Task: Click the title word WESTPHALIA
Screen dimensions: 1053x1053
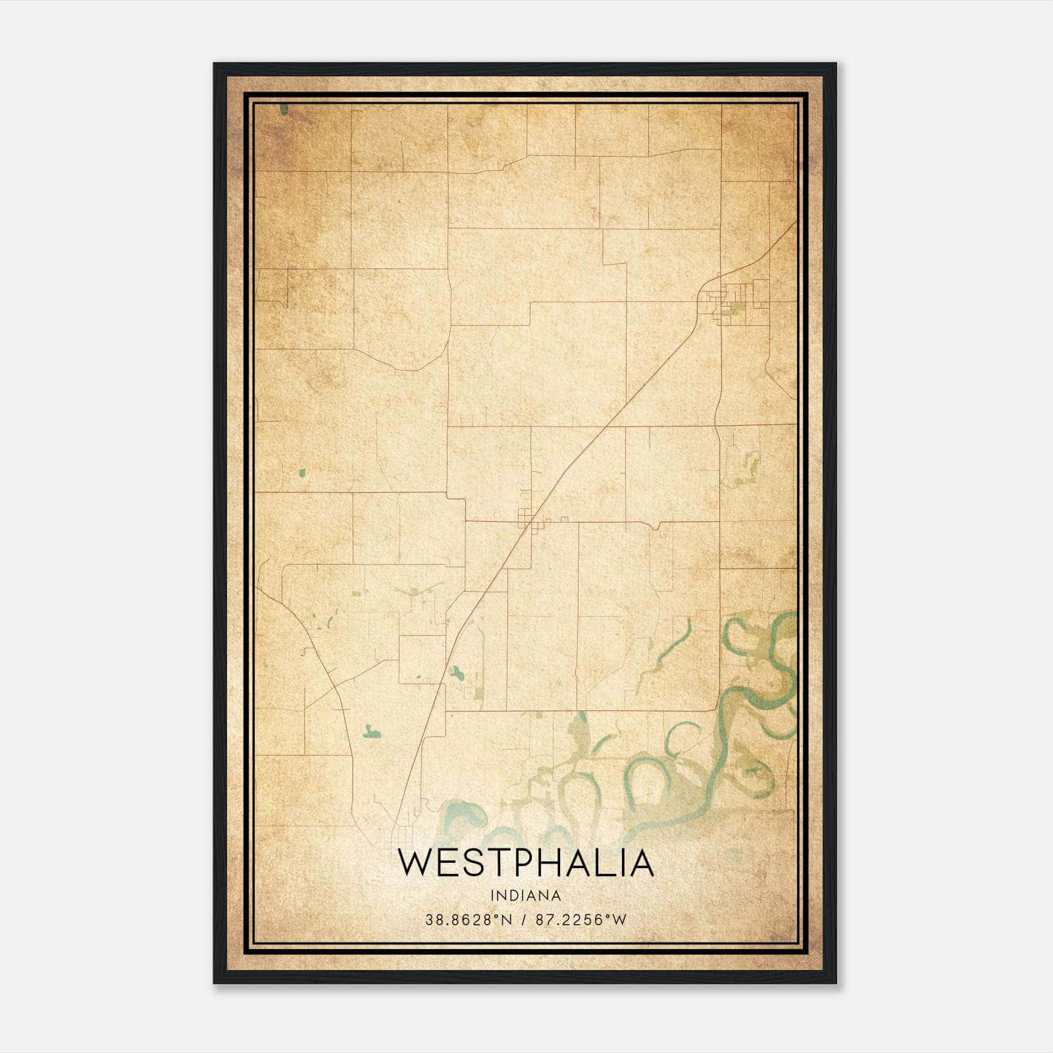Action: [526, 863]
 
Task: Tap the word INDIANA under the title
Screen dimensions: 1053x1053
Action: [526, 896]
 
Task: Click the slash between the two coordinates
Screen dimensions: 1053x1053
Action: [524, 919]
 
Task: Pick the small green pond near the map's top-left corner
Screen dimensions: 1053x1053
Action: [284, 109]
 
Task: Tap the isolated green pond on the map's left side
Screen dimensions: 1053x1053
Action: [302, 473]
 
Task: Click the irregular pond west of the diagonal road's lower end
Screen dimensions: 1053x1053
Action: [370, 731]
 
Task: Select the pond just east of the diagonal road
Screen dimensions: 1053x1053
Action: [455, 673]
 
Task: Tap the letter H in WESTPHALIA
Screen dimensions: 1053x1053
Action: [550, 863]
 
